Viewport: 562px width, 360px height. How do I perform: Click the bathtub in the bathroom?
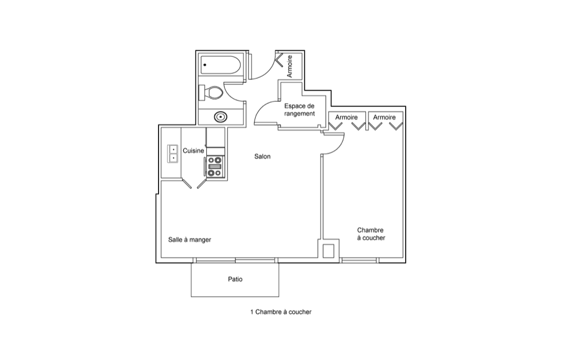tap(220, 65)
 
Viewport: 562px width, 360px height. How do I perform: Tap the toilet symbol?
tap(211, 92)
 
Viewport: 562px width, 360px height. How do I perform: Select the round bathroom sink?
tap(220, 116)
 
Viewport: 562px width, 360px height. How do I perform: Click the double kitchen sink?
tap(173, 154)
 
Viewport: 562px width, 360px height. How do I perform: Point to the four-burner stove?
tap(215, 166)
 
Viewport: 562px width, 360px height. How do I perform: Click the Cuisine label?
tap(193, 151)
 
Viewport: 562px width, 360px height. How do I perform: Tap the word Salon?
tap(262, 156)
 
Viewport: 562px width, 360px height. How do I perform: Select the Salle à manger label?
tap(189, 240)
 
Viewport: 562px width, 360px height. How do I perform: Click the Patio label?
tap(235, 279)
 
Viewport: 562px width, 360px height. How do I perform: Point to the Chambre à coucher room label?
tap(371, 234)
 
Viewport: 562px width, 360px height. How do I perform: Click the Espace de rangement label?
tap(300, 110)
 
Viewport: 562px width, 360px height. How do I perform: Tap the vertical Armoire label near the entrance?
tap(289, 66)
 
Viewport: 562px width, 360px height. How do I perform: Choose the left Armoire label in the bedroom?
tap(346, 117)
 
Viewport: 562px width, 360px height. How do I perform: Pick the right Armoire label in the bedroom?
tap(384, 117)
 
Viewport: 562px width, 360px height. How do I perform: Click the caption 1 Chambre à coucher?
tap(280, 312)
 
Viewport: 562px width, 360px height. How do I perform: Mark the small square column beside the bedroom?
tap(329, 251)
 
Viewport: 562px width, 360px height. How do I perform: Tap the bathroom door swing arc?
tap(229, 94)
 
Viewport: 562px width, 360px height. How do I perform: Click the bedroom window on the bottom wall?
tap(359, 260)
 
